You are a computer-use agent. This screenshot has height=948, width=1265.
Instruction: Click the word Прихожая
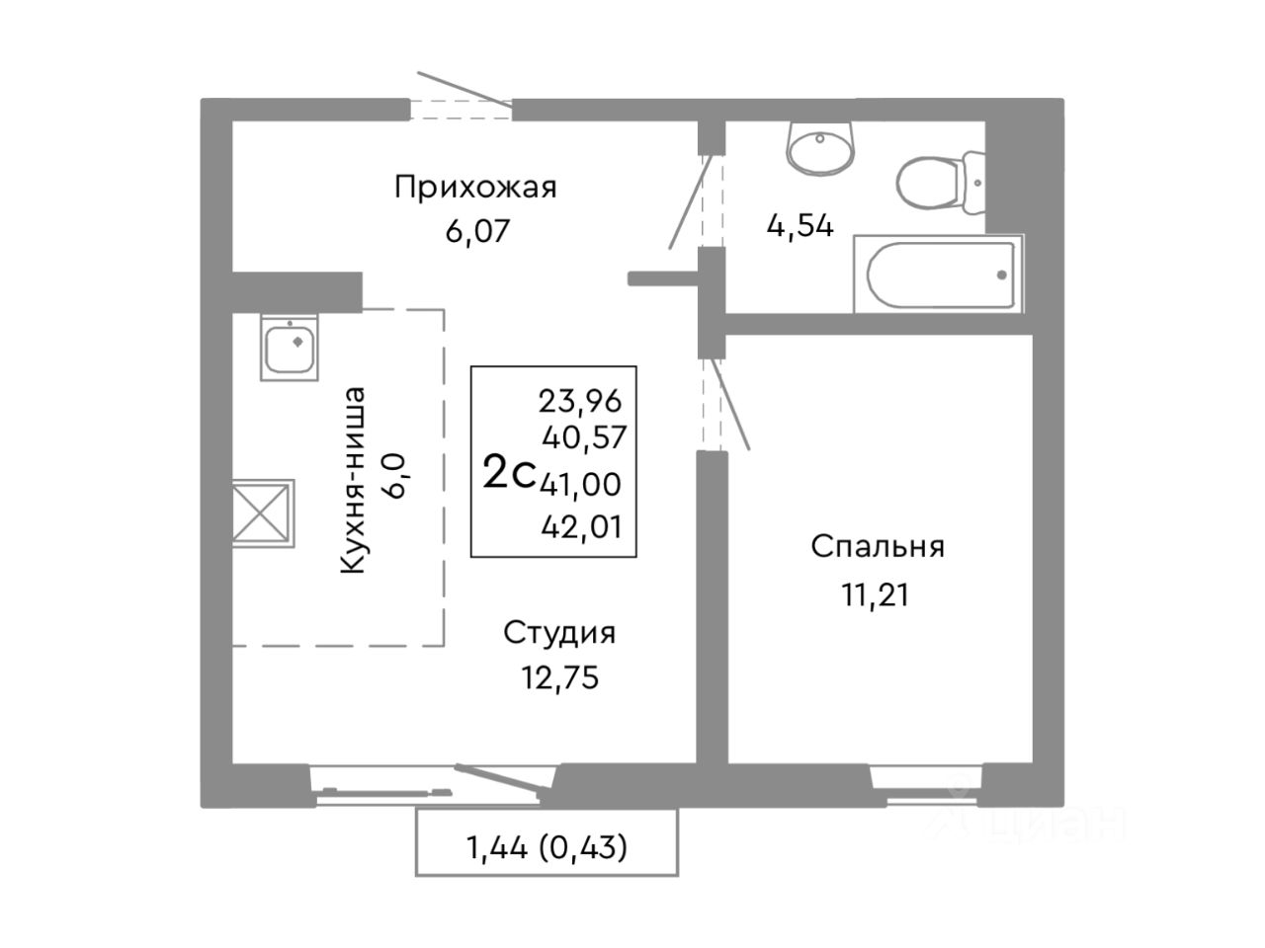pos(475,187)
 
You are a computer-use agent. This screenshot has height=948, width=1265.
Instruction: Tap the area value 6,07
pos(477,231)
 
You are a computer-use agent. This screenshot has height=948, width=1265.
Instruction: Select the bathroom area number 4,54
pos(800,225)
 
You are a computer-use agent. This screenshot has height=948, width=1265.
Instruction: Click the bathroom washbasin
pos(819,148)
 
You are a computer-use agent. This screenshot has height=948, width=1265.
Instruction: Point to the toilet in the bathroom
pos(940,183)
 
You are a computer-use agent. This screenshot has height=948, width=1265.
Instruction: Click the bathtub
pos(938,274)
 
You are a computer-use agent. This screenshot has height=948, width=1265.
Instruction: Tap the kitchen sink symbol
pos(290,347)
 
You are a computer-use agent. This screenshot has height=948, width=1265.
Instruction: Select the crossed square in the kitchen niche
pos(263,513)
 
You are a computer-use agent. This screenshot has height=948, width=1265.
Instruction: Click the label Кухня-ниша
pos(353,480)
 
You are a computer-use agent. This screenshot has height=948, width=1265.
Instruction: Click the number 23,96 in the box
pos(580,402)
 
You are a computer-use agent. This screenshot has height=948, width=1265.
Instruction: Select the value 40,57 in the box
pos(583,437)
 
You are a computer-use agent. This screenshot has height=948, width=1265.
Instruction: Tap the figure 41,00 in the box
pos(580,484)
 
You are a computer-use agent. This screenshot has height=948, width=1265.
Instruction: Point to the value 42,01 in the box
pos(582,526)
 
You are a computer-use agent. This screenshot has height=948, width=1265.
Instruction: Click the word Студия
pos(559,634)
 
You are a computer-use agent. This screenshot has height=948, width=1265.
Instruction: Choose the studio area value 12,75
pos(560,677)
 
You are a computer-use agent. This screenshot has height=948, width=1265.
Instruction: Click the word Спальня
pos(878,547)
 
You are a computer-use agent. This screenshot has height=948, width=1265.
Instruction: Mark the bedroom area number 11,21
pos(876,594)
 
